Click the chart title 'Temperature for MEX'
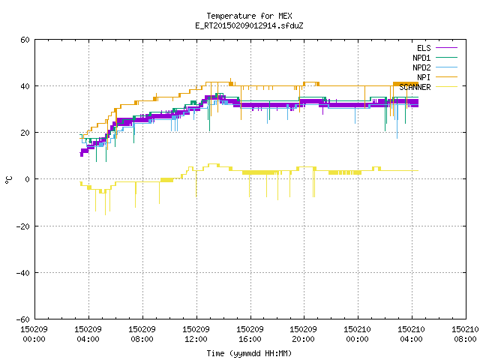coord(249,16)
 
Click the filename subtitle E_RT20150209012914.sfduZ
coord(249,25)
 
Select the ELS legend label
coord(424,48)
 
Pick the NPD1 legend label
coord(421,58)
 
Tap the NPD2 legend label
coord(421,67)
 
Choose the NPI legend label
coord(424,77)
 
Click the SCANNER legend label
coord(415,87)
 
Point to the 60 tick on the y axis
coord(25,40)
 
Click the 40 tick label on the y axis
coord(25,86)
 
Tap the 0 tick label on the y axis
coord(27,179)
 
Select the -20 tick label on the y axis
coord(23,226)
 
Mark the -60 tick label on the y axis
coord(23,319)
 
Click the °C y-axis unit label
coord(9,180)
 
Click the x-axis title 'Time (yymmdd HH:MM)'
coord(249,353)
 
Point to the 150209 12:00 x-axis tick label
coord(196,334)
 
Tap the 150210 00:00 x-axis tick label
coord(357,334)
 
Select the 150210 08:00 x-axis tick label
coord(465,334)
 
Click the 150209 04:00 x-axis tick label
coord(88,334)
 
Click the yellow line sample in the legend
coord(446,87)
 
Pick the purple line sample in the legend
coord(446,48)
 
